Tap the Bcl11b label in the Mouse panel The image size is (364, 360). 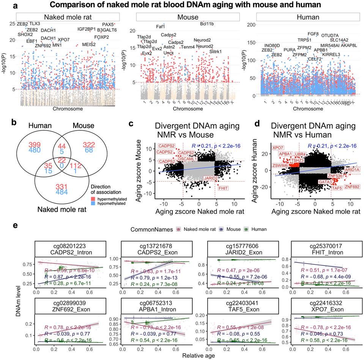207,24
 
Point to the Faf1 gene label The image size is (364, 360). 161,27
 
